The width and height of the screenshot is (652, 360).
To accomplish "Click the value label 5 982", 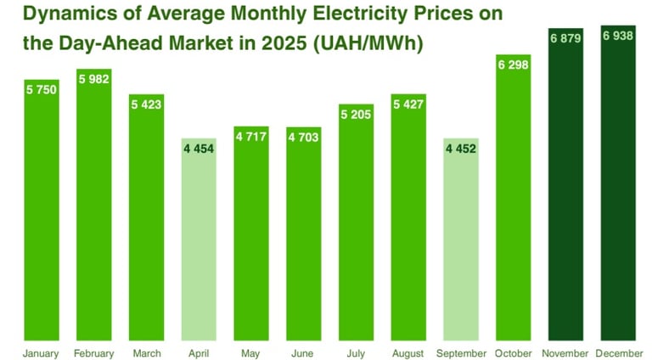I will [94, 79].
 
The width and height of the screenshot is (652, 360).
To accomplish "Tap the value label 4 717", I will [251, 136].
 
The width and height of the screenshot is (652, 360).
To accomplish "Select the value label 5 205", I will [357, 115].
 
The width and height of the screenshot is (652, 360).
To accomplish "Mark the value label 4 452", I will [461, 149].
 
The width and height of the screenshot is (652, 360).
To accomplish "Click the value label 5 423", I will [147, 105].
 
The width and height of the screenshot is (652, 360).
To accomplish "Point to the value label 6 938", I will [618, 36].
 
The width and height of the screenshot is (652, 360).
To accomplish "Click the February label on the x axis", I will [94, 352].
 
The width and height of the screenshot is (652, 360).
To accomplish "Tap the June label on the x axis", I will [304, 352].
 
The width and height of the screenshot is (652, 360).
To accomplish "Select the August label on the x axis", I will [408, 352].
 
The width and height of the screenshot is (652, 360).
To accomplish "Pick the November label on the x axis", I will [565, 352].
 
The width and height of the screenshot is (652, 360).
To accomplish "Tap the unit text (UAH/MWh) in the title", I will [414, 44].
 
